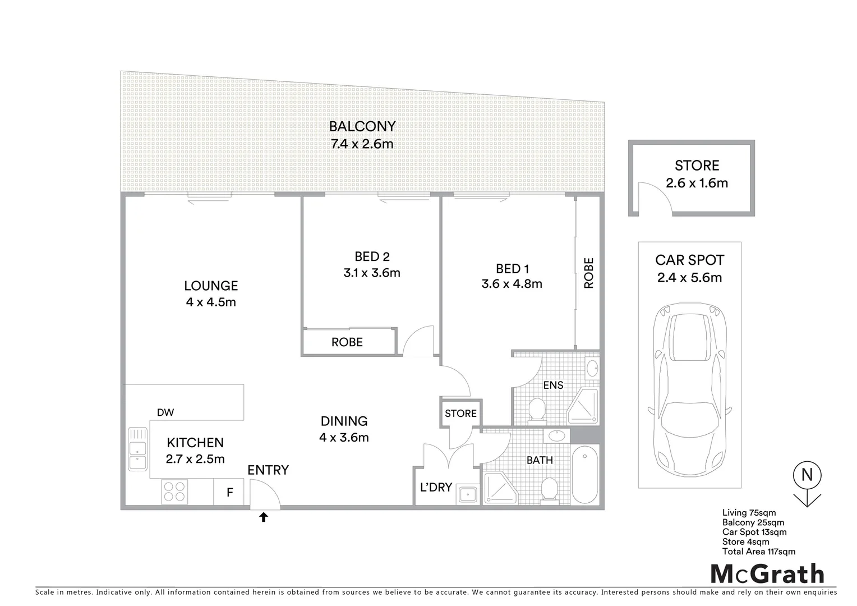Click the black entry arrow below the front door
pyautogui.click(x=263, y=517)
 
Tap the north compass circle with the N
pyautogui.click(x=807, y=475)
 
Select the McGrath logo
pyautogui.click(x=767, y=574)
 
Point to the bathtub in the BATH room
pyautogui.click(x=584, y=474)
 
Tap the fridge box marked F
pyautogui.click(x=229, y=493)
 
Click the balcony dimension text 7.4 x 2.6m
pyautogui.click(x=362, y=144)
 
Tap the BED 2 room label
pyautogui.click(x=372, y=256)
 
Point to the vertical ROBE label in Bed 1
pyautogui.click(x=588, y=273)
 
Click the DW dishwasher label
pyautogui.click(x=165, y=412)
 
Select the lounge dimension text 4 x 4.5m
pyautogui.click(x=211, y=302)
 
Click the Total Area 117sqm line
pyautogui.click(x=758, y=552)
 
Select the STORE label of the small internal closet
pyautogui.click(x=460, y=414)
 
